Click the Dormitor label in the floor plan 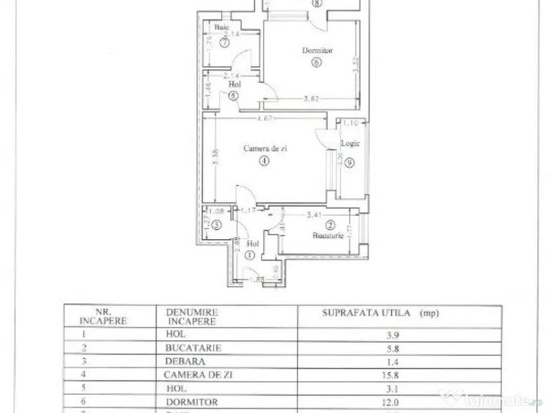point(317,51)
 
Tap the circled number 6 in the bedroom point(316,62)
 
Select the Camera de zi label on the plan point(265,148)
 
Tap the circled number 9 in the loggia point(349,163)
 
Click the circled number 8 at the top point(316,3)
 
